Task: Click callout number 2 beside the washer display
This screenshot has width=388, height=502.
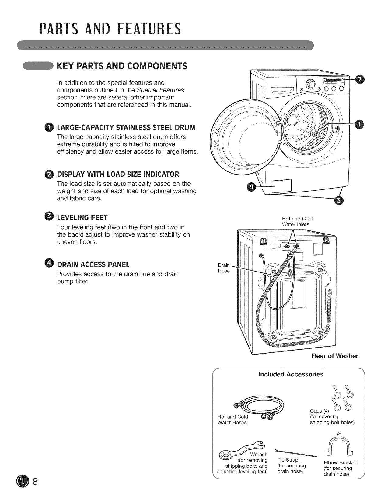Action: click(x=359, y=80)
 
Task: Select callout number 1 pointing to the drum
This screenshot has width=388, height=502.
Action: click(x=359, y=123)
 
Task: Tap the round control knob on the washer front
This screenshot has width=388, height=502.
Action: click(x=310, y=84)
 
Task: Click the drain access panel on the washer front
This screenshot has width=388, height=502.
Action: click(x=282, y=186)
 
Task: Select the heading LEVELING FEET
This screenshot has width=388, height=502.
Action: click(x=82, y=217)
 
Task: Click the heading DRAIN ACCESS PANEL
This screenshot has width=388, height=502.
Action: click(x=93, y=265)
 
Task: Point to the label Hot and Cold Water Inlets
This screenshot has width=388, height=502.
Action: click(x=297, y=221)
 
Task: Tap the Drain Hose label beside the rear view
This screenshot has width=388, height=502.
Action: click(x=224, y=268)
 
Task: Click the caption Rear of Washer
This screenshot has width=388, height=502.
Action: click(x=335, y=356)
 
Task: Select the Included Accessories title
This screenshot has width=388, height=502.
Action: click(x=291, y=374)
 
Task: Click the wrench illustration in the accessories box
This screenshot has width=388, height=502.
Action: click(x=240, y=449)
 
